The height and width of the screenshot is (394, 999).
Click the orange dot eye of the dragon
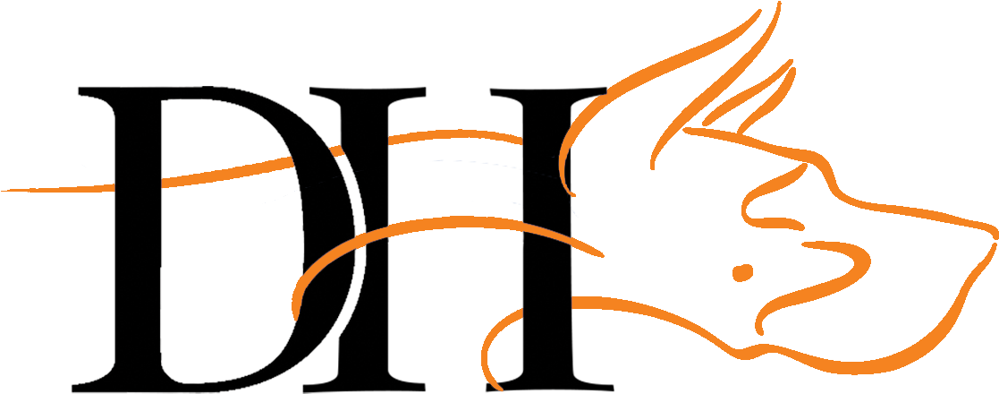[x=741, y=270]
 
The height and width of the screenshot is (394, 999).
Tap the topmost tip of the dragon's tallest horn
[x=777, y=4]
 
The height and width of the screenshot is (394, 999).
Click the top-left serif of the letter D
[x=86, y=91]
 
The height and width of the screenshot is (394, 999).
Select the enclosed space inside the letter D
[x=233, y=269]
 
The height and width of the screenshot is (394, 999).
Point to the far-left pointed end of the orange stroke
[x=4, y=190]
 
